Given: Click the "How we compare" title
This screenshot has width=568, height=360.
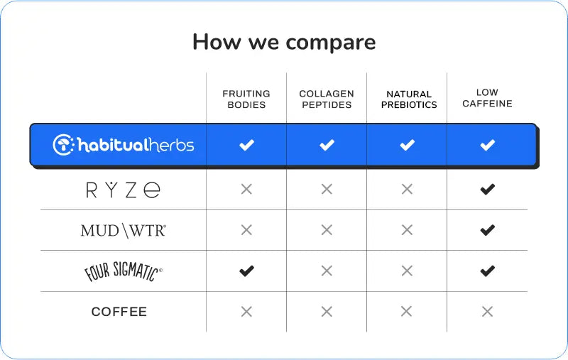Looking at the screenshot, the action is tap(284, 42).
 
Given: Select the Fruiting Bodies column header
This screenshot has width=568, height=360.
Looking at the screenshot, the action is tap(246, 99).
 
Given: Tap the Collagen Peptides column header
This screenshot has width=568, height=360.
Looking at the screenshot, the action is tap(327, 99).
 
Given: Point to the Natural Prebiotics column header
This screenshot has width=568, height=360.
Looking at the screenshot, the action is tap(409, 99).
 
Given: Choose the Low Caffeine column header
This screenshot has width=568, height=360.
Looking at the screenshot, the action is tap(487, 98).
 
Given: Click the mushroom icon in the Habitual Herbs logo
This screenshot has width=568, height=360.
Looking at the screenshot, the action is tap(63, 145).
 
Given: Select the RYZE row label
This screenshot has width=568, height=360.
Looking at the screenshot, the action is tap(123, 190).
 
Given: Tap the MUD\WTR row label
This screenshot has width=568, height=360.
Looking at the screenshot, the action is tap(124, 231).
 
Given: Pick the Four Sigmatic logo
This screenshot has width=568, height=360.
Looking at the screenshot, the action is tap(123, 271).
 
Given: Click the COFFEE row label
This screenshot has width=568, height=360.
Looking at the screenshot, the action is tap(119, 312).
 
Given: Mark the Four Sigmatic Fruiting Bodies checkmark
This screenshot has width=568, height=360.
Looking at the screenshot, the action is tap(246, 271).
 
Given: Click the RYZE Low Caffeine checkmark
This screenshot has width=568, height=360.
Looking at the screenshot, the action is tap(488, 189).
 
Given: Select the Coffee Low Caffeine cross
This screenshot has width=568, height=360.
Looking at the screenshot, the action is tap(488, 312).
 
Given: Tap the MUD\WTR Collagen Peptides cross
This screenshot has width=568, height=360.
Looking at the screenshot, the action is tap(327, 230).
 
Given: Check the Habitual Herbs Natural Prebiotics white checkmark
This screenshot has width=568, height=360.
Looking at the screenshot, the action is tap(407, 145).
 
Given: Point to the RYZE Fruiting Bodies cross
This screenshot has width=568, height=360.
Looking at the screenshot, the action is tap(246, 189).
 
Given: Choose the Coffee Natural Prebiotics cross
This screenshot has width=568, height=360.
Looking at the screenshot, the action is tap(406, 312).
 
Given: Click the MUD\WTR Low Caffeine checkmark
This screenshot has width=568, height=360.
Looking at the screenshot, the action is tap(488, 230).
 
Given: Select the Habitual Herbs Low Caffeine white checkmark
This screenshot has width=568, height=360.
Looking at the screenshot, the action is tap(488, 145).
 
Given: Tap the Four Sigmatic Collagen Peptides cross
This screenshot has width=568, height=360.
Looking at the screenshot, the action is tap(327, 271).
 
